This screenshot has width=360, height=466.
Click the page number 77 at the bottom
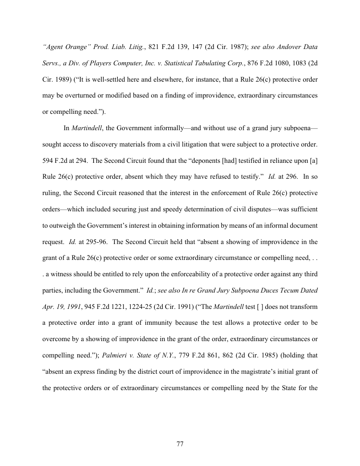180,443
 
